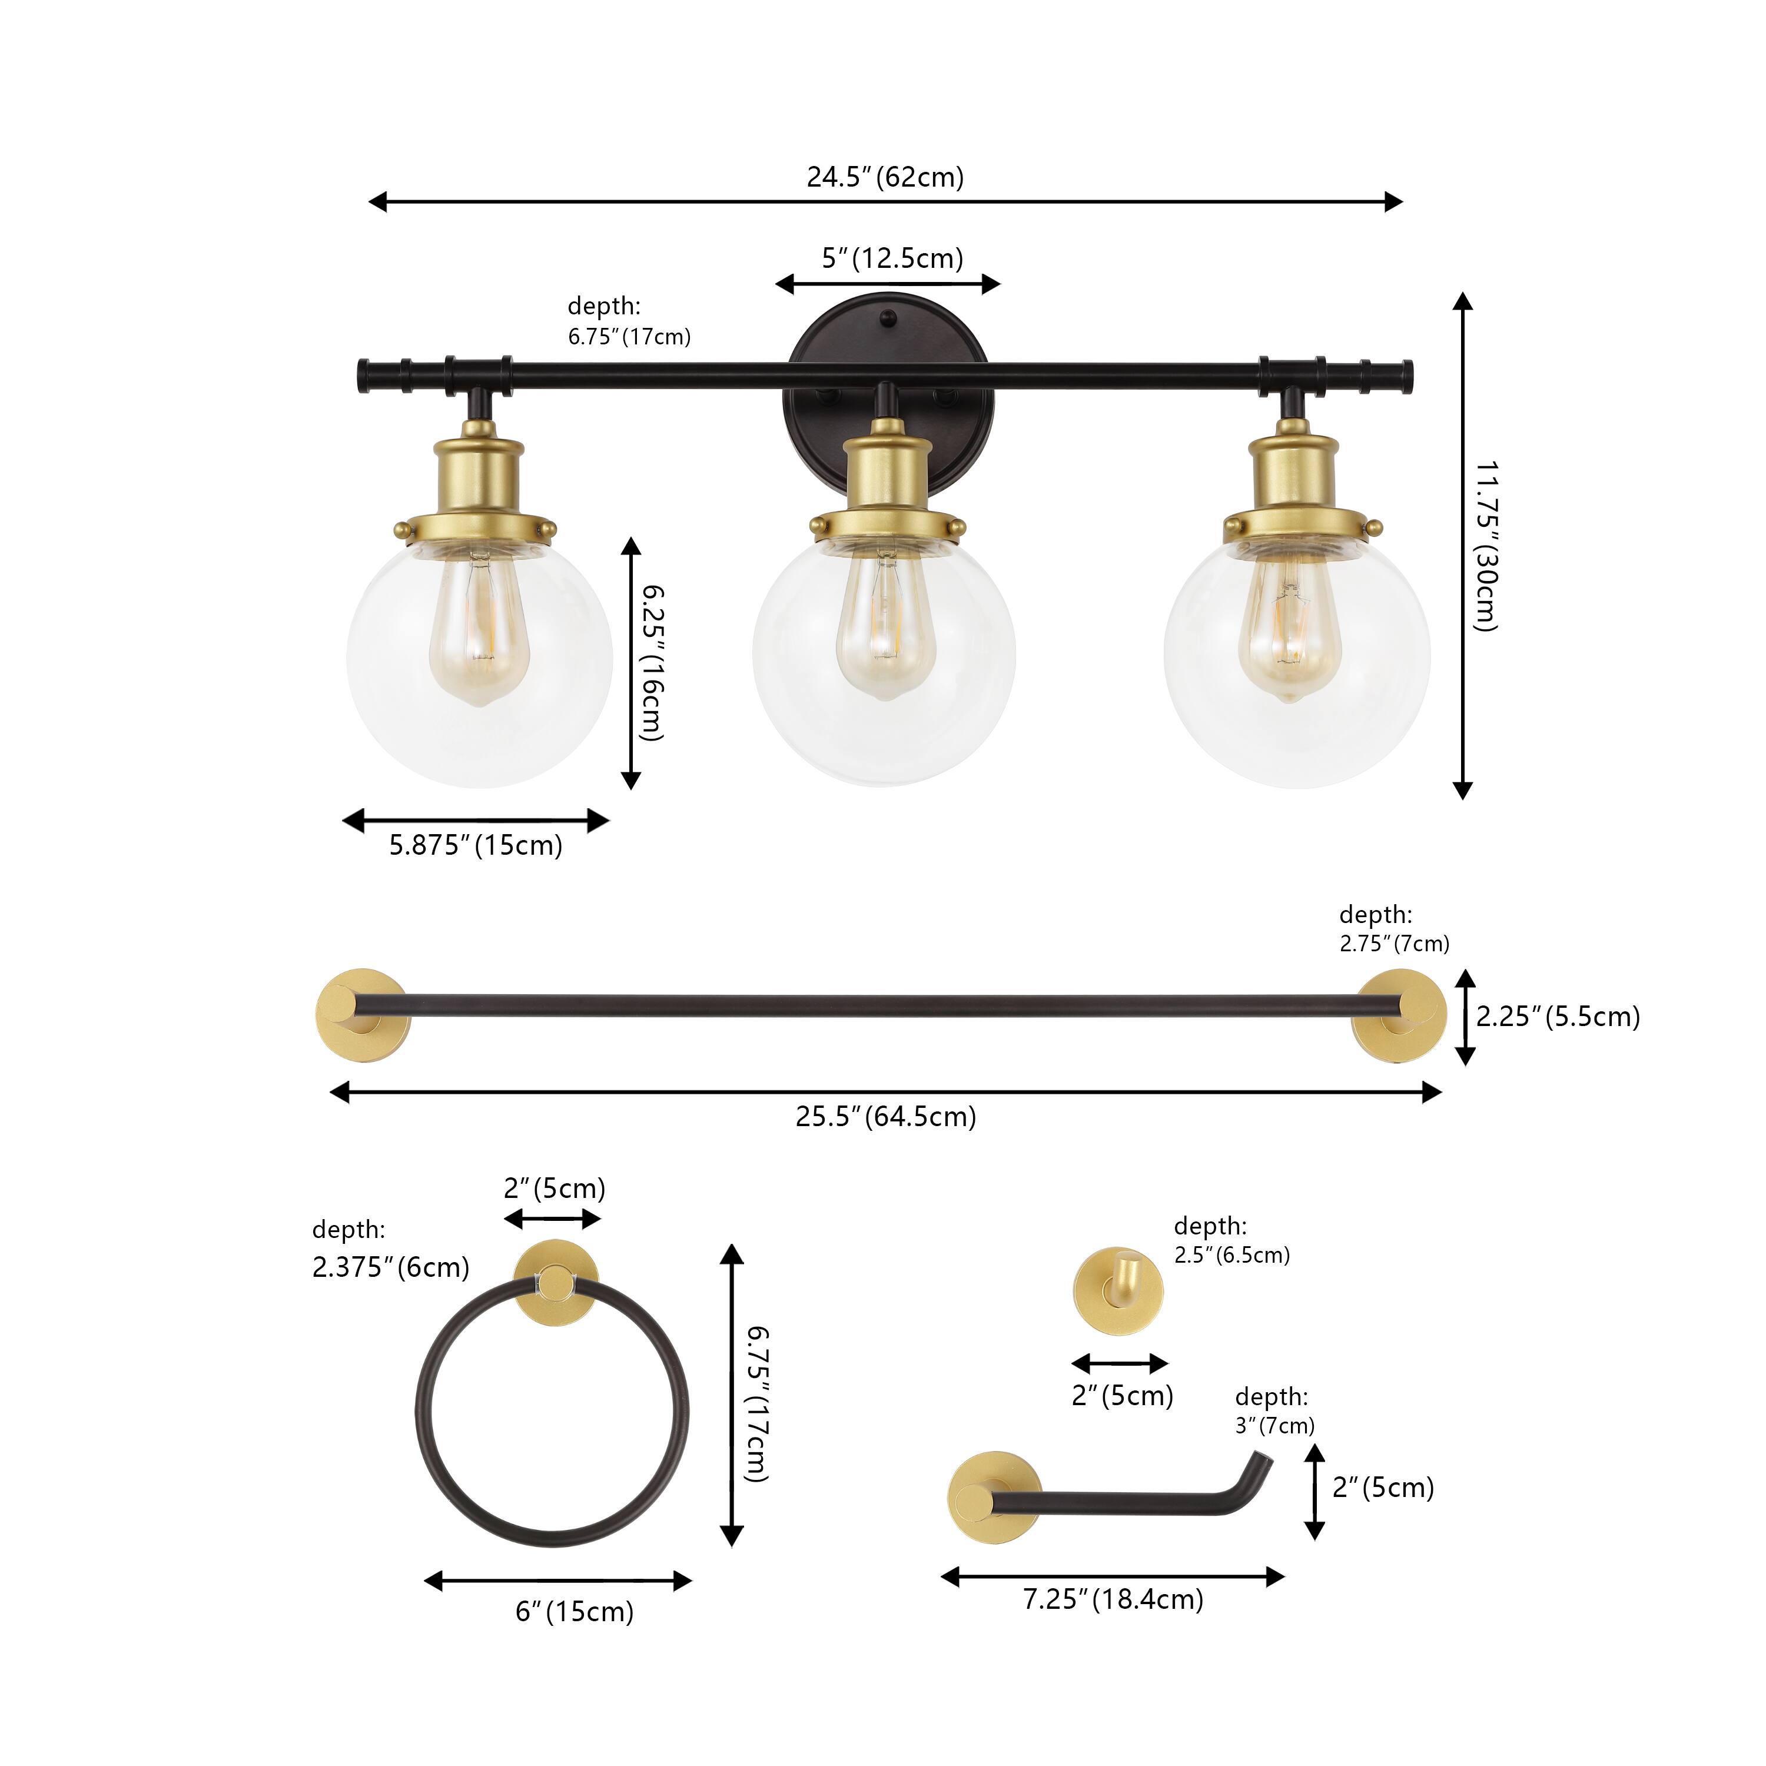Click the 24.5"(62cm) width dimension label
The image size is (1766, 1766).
coord(885,177)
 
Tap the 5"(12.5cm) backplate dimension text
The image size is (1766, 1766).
coord(892,258)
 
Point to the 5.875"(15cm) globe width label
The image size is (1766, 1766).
coord(475,845)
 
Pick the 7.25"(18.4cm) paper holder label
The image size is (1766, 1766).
coord(1113,1599)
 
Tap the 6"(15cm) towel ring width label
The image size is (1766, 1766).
coord(574,1612)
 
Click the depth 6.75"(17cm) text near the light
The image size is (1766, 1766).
coord(629,321)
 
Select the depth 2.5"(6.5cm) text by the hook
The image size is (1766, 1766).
coord(1231,1240)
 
